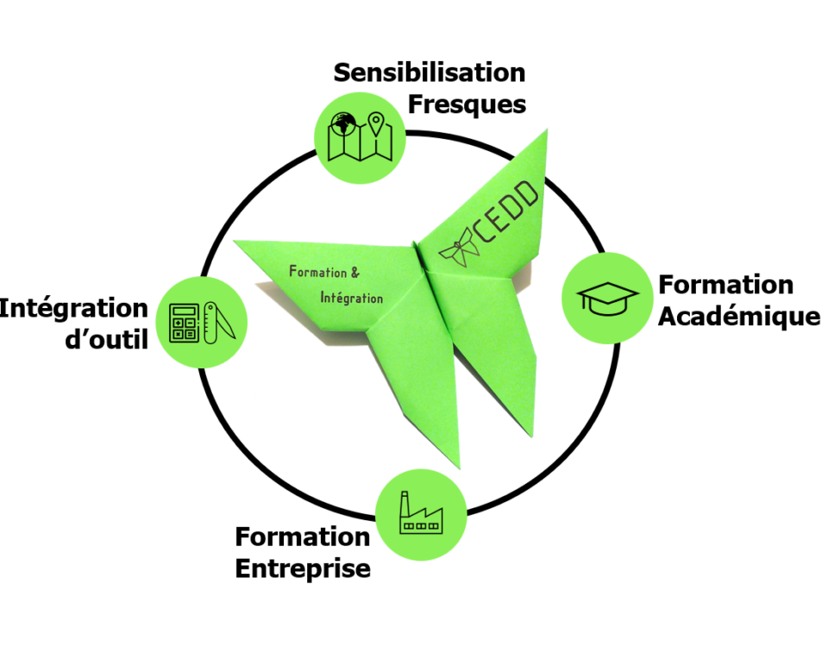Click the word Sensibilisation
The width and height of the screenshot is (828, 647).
pyautogui.click(x=429, y=72)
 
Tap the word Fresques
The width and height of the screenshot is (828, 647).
pyautogui.click(x=466, y=104)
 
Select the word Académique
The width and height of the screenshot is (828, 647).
pyautogui.click(x=738, y=317)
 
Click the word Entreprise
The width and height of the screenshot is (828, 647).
pyautogui.click(x=303, y=569)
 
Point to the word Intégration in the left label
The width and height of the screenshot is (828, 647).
pyautogui.click(x=74, y=308)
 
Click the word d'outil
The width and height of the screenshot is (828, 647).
pyautogui.click(x=107, y=340)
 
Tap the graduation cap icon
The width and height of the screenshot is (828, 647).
pyautogui.click(x=607, y=298)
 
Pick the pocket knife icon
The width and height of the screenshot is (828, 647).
pyautogui.click(x=222, y=322)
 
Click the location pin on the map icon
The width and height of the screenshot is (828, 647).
pyautogui.click(x=376, y=126)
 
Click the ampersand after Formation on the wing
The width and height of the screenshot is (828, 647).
pyautogui.click(x=354, y=273)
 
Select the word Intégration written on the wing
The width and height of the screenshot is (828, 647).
pyautogui.click(x=351, y=298)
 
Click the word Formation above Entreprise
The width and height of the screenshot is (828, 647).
pyautogui.click(x=302, y=537)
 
